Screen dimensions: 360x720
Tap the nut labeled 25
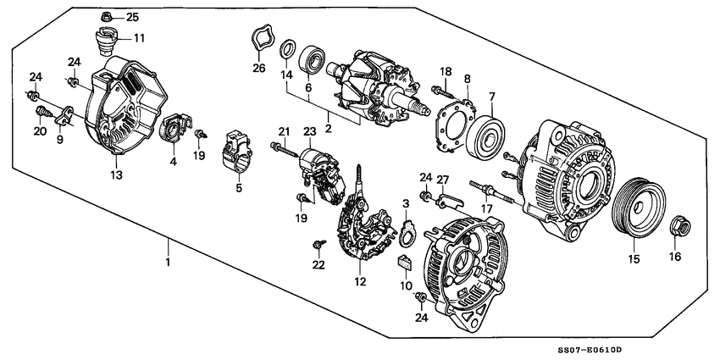(107, 16)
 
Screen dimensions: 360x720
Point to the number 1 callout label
(168, 263)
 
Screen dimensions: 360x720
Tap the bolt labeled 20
(40, 112)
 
